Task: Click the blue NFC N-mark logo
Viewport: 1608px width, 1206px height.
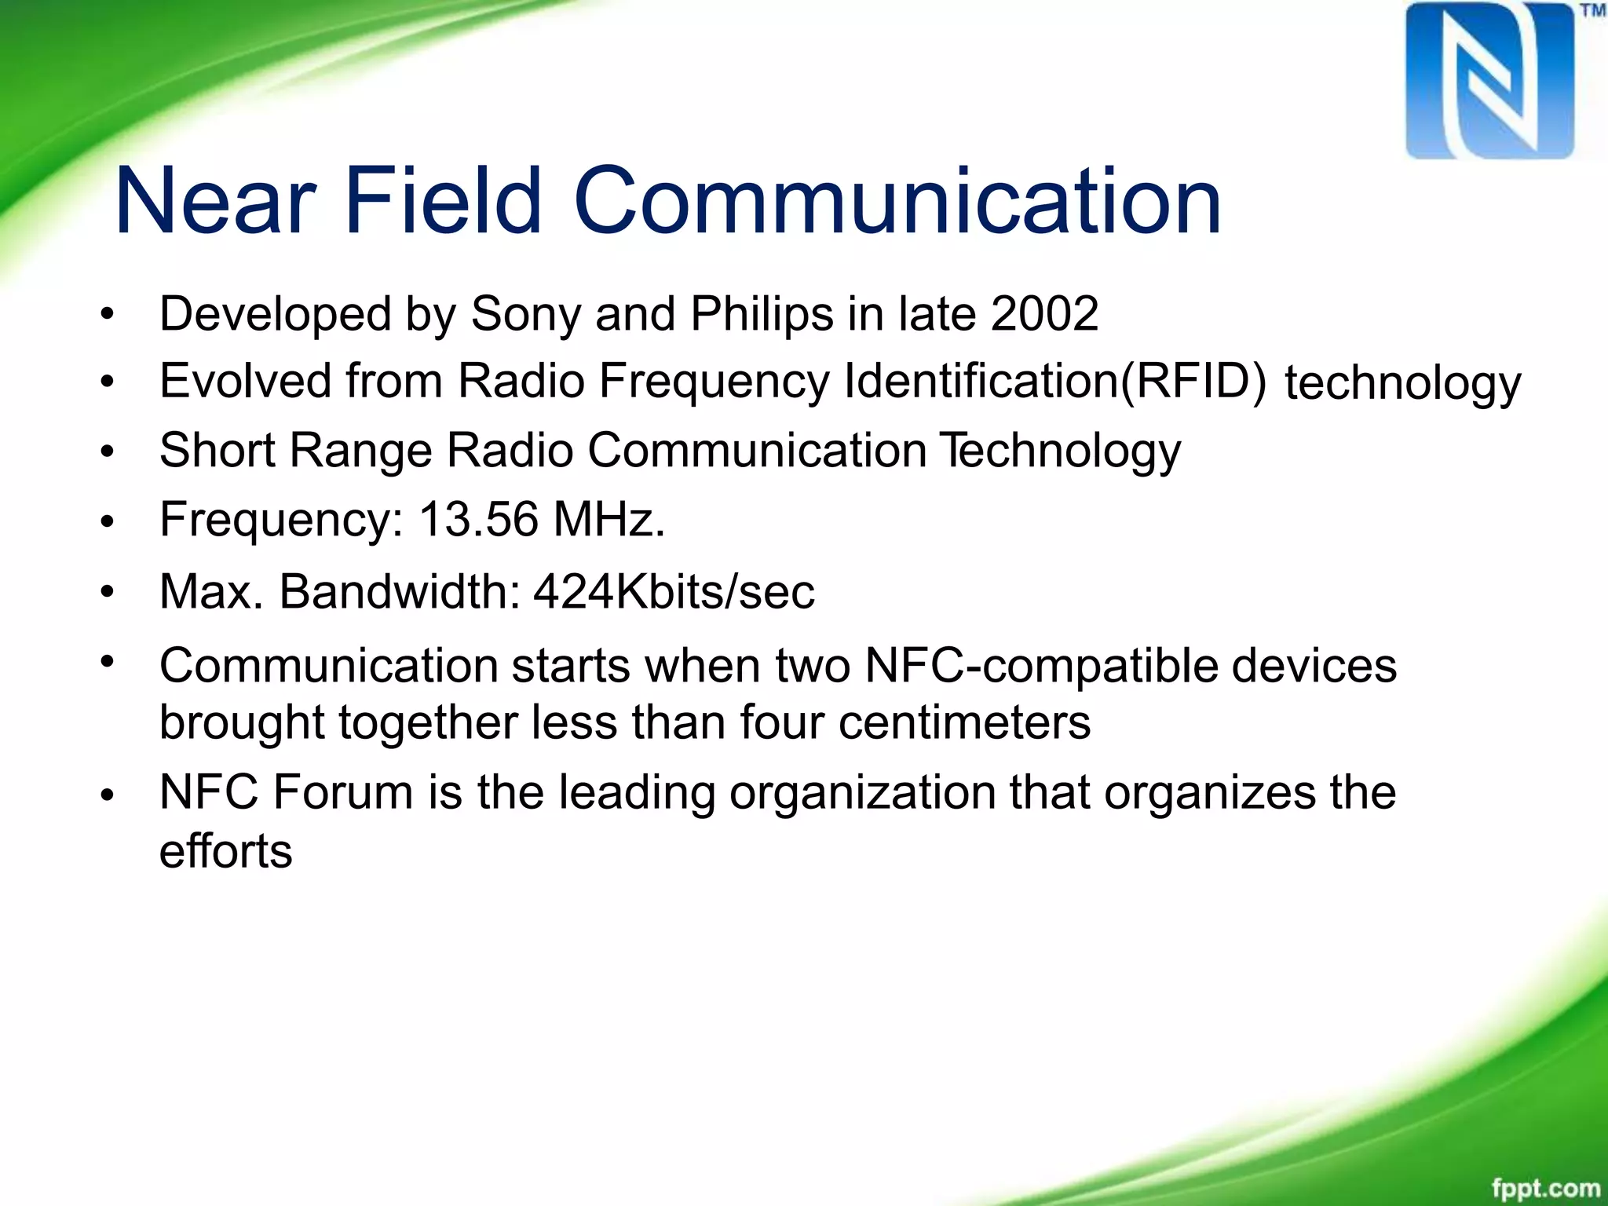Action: pos(1489,81)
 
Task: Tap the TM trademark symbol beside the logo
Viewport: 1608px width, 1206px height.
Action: pos(1592,11)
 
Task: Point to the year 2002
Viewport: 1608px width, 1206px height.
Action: pos(1044,314)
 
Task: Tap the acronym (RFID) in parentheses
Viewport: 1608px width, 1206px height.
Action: pos(1193,382)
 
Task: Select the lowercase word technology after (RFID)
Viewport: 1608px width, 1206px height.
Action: pos(1402,385)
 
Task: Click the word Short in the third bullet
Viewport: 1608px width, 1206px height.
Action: pos(217,451)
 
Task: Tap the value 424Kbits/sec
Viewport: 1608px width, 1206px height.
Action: pos(674,592)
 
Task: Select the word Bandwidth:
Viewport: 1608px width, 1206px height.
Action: pos(400,592)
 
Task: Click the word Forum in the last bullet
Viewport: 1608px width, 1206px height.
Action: pos(342,792)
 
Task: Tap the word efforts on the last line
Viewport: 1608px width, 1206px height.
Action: pos(225,851)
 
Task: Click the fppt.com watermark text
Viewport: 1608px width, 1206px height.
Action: pos(1545,1188)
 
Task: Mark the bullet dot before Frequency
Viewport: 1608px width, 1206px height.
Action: pos(108,521)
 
